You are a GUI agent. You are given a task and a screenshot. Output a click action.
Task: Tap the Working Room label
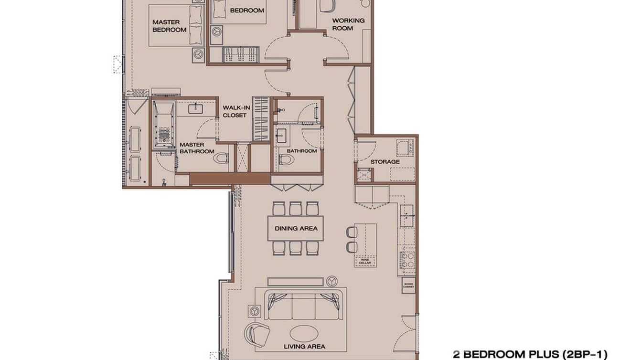pyautogui.click(x=348, y=24)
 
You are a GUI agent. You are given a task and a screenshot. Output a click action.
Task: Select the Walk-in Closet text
pyautogui.click(x=236, y=111)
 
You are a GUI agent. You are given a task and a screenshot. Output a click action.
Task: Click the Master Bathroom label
pyautogui.click(x=196, y=148)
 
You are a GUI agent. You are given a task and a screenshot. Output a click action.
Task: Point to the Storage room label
pyautogui.click(x=385, y=162)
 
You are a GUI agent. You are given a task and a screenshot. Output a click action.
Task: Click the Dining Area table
pyautogui.click(x=296, y=228)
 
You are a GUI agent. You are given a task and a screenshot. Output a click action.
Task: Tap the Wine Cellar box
pyautogui.click(x=365, y=261)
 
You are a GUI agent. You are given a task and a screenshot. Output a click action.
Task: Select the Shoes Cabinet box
pyautogui.click(x=408, y=286)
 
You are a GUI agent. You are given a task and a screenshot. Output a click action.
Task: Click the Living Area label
pyautogui.click(x=304, y=347)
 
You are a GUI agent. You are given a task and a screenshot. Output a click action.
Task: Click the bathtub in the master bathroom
pyautogui.click(x=164, y=126)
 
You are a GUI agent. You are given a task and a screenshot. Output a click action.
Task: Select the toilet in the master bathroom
pyautogui.click(x=221, y=158)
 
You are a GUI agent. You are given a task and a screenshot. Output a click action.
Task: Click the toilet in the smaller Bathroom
pyautogui.click(x=286, y=159)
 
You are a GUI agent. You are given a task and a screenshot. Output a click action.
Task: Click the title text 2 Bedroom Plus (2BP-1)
pyautogui.click(x=530, y=354)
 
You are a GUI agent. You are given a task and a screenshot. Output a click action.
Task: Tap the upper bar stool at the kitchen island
pyautogui.click(x=352, y=233)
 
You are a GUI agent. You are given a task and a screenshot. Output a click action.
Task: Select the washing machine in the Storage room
pyautogui.click(x=405, y=148)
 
